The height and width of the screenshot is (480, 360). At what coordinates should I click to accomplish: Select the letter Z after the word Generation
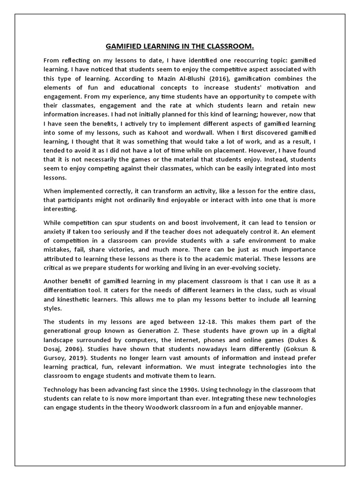tap(171, 330)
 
